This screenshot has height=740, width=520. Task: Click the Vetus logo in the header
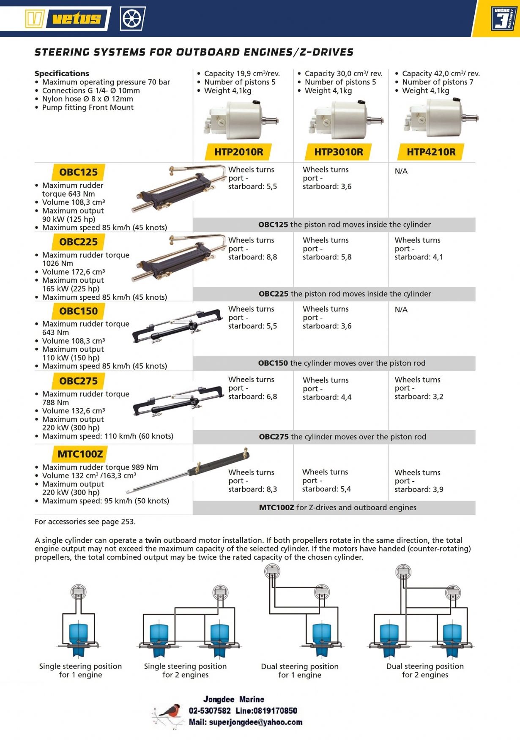coord(66,19)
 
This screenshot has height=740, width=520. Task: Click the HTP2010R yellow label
coord(238,152)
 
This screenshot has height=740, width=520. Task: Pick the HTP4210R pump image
coord(440,118)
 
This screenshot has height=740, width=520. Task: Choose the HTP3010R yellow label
coord(338,152)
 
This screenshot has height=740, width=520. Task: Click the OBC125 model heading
coord(78,172)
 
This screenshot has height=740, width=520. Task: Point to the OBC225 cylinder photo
coord(180,257)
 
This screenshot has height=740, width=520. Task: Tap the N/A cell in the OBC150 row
coord(401,310)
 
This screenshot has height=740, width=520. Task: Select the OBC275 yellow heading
coord(78,381)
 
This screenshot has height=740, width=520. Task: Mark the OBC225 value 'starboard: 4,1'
coord(419,257)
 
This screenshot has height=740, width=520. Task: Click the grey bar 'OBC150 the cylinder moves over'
coord(342,363)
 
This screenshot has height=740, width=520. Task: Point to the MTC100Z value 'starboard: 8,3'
coord(252,489)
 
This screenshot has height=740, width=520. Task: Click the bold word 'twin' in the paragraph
coord(153,541)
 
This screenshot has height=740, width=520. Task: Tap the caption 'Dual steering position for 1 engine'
coord(300,671)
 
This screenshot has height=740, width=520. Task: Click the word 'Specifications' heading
coord(62,74)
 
